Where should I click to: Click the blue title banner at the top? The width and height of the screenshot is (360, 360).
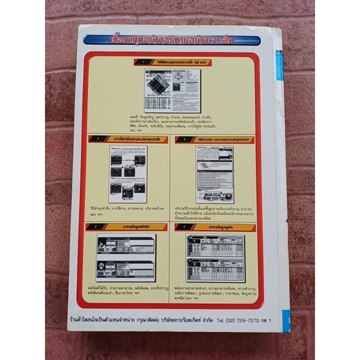(171, 40)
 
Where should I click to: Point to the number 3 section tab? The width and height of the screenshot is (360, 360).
(180, 140)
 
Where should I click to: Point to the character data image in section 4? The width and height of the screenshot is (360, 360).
(126, 258)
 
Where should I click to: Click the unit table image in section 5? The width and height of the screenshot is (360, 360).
(215, 258)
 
